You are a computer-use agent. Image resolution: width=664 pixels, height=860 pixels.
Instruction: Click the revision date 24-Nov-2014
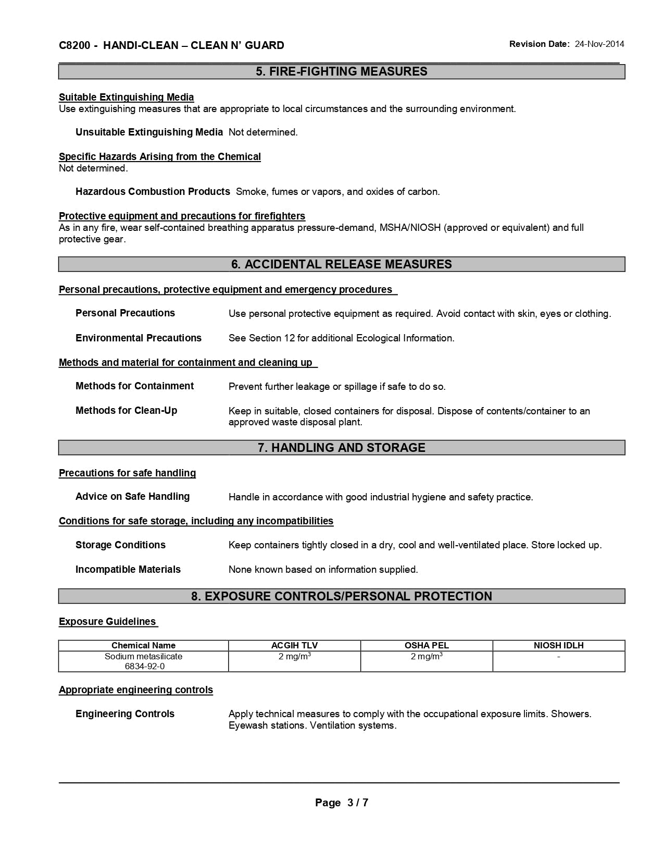pyautogui.click(x=599, y=44)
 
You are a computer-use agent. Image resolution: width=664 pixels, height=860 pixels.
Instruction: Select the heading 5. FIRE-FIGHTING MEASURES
pyautogui.click(x=342, y=71)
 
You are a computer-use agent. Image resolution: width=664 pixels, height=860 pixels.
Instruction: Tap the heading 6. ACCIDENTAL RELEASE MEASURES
pyautogui.click(x=342, y=264)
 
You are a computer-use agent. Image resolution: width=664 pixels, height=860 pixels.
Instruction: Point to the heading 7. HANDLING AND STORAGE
pyautogui.click(x=342, y=448)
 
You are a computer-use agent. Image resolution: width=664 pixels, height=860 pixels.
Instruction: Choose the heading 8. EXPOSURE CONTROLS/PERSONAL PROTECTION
pyautogui.click(x=342, y=596)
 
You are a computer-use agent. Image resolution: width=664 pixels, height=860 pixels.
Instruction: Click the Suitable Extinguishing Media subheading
pyautogui.click(x=126, y=97)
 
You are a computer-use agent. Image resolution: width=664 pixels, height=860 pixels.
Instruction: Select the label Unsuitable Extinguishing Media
pyautogui.click(x=149, y=132)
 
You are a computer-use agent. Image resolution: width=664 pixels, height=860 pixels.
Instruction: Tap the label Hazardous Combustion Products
pyautogui.click(x=153, y=192)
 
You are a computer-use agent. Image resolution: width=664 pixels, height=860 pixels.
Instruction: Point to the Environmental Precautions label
pyautogui.click(x=139, y=338)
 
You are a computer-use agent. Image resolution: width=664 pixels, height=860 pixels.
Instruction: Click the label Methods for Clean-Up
pyautogui.click(x=126, y=411)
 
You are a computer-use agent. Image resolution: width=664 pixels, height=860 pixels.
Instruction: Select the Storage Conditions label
pyautogui.click(x=120, y=545)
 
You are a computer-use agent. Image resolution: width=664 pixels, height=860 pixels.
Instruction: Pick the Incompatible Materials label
pyautogui.click(x=128, y=570)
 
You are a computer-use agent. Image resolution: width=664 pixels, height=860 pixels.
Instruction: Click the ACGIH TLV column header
pyautogui.click(x=294, y=646)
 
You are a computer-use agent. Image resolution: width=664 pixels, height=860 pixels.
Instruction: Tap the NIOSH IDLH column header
pyautogui.click(x=558, y=646)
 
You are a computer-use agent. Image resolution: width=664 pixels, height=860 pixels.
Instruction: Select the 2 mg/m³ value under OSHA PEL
pyautogui.click(x=427, y=657)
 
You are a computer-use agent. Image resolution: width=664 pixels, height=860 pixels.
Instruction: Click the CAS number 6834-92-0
pyautogui.click(x=143, y=667)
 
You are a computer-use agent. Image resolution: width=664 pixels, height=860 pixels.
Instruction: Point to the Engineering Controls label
pyautogui.click(x=125, y=714)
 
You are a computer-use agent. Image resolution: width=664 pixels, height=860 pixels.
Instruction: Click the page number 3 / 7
pyautogui.click(x=357, y=803)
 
